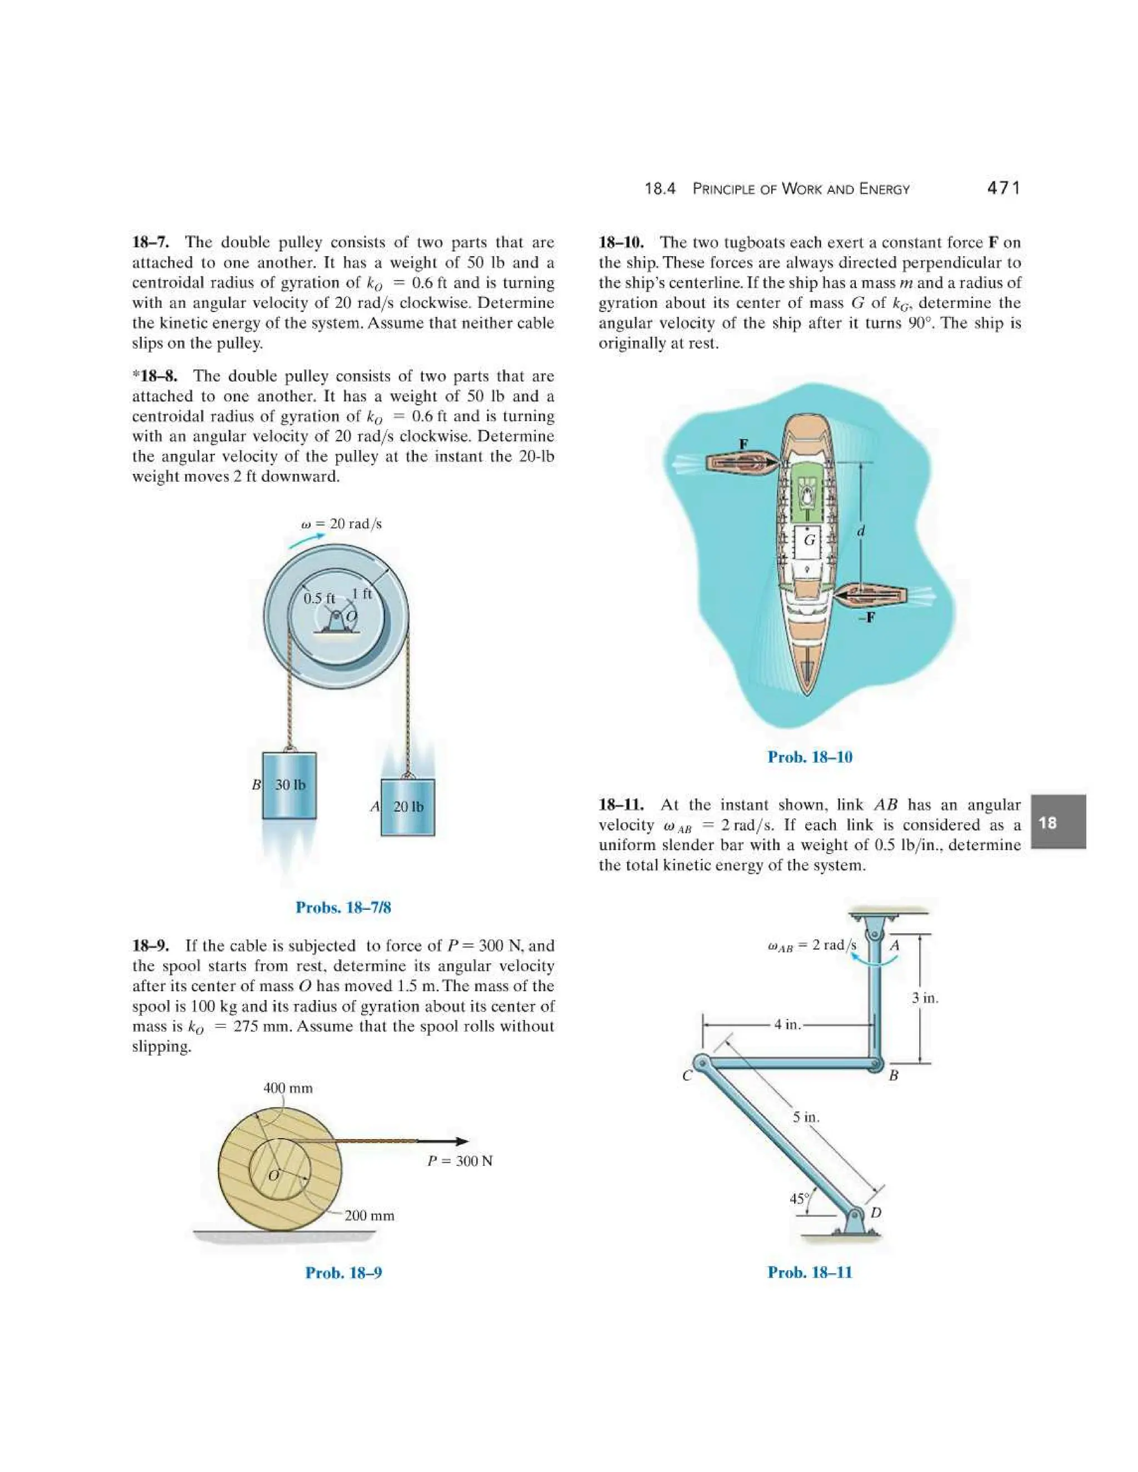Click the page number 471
[1003, 188]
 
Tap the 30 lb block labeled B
[289, 785]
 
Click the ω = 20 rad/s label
[341, 524]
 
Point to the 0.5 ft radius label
[319, 598]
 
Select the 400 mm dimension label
[288, 1088]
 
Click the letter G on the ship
[810, 540]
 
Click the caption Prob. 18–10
[810, 757]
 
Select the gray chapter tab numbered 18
[1058, 822]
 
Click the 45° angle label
[799, 1198]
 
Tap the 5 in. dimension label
[806, 1117]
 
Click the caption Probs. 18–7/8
[343, 907]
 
